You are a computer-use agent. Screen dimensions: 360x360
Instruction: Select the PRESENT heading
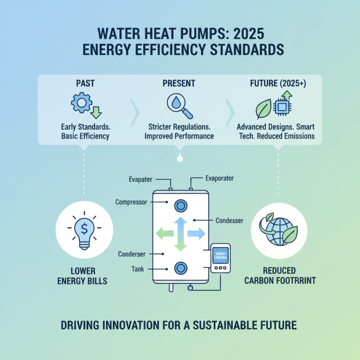tap(179, 83)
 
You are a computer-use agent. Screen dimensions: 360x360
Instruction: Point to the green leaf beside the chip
tap(263, 109)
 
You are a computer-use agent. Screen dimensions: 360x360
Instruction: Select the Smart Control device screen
tap(220, 255)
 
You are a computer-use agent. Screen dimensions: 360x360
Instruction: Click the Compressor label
tap(131, 202)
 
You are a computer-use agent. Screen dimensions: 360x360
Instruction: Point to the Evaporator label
tap(220, 178)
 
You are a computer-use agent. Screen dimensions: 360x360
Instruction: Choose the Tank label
tap(138, 269)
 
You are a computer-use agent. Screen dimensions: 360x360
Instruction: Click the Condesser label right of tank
tap(229, 220)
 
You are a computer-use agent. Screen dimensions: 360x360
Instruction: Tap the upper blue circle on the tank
tap(180, 206)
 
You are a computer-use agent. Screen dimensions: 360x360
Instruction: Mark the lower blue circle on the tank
tap(180, 268)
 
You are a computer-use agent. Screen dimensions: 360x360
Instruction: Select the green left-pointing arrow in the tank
tap(164, 233)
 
